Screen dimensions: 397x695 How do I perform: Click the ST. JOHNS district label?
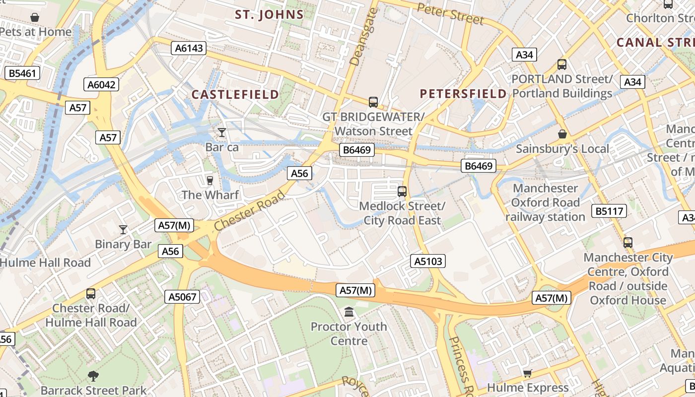point(269,15)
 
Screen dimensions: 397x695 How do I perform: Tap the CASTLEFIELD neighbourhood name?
point(235,94)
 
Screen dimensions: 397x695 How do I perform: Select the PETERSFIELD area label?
point(463,94)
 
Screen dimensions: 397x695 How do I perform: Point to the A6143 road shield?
point(189,48)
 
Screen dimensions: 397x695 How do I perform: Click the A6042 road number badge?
point(101,85)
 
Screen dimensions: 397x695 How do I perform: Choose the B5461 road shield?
point(23,74)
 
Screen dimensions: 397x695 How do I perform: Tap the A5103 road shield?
point(428,261)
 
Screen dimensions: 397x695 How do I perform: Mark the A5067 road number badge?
point(182,297)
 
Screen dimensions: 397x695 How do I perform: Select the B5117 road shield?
point(609,211)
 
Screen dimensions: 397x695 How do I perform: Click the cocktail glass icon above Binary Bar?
point(123,229)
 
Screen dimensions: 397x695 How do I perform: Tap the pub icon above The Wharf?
point(209,180)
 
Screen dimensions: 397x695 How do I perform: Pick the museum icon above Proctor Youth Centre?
point(349,312)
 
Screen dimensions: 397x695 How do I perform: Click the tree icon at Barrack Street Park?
point(93,376)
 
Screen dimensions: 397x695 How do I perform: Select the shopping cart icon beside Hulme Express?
point(527,373)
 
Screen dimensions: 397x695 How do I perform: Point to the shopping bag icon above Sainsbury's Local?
point(562,134)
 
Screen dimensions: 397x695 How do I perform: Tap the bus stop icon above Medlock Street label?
point(402,191)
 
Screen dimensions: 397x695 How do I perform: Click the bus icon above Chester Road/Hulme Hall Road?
point(91,293)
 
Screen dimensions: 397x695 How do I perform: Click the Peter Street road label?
point(450,14)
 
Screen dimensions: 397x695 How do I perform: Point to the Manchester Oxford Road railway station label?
point(545,202)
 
